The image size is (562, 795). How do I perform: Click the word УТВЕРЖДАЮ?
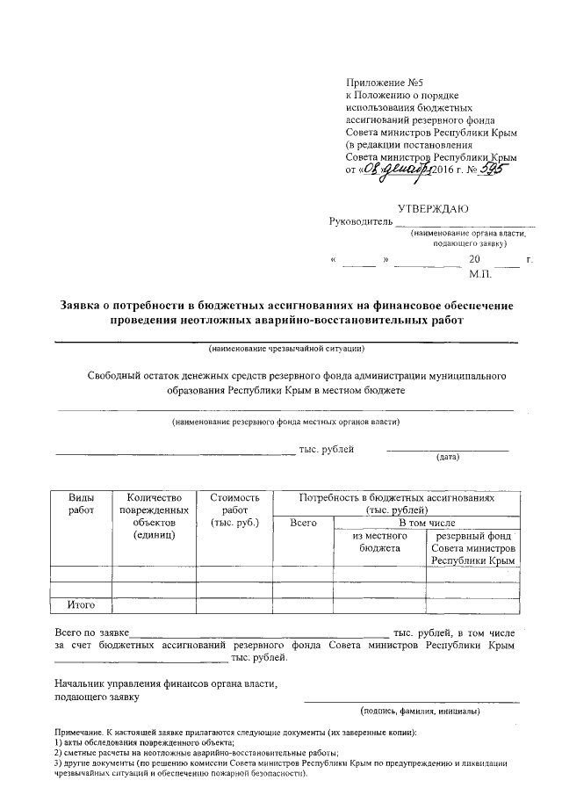click(x=433, y=208)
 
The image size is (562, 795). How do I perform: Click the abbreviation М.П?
click(x=481, y=275)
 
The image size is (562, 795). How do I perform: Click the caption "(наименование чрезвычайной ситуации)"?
click(x=285, y=350)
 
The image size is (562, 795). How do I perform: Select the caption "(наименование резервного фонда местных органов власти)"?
click(x=285, y=422)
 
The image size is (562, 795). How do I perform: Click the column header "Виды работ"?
click(x=80, y=503)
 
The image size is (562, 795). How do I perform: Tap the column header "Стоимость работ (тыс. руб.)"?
click(x=234, y=510)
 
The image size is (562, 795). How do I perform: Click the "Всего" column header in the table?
click(x=303, y=524)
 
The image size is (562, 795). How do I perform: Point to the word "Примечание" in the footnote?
click(x=76, y=733)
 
